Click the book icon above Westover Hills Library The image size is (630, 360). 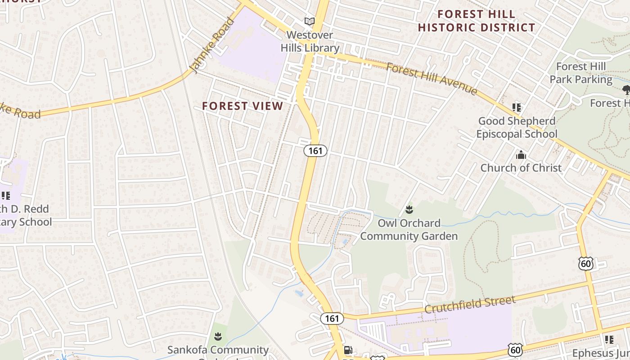(x=309, y=21)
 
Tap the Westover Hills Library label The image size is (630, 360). (x=310, y=41)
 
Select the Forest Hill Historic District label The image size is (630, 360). (x=476, y=21)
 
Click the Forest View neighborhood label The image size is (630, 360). (x=243, y=106)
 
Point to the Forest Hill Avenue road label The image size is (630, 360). (x=432, y=79)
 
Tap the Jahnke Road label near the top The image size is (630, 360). (x=213, y=45)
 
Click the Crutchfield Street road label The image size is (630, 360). (x=470, y=305)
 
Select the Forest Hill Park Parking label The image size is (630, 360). (x=581, y=73)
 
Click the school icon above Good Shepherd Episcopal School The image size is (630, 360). (x=516, y=107)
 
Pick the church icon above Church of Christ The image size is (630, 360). (x=521, y=155)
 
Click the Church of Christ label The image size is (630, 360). (x=521, y=168)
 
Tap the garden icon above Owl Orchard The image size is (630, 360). (x=409, y=209)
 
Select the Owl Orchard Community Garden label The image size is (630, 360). (x=409, y=229)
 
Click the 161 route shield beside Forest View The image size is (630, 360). (x=315, y=151)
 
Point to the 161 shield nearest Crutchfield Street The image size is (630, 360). (x=332, y=319)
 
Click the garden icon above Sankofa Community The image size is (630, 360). (x=218, y=336)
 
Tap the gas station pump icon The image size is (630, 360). (x=348, y=350)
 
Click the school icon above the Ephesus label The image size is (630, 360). (x=609, y=339)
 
